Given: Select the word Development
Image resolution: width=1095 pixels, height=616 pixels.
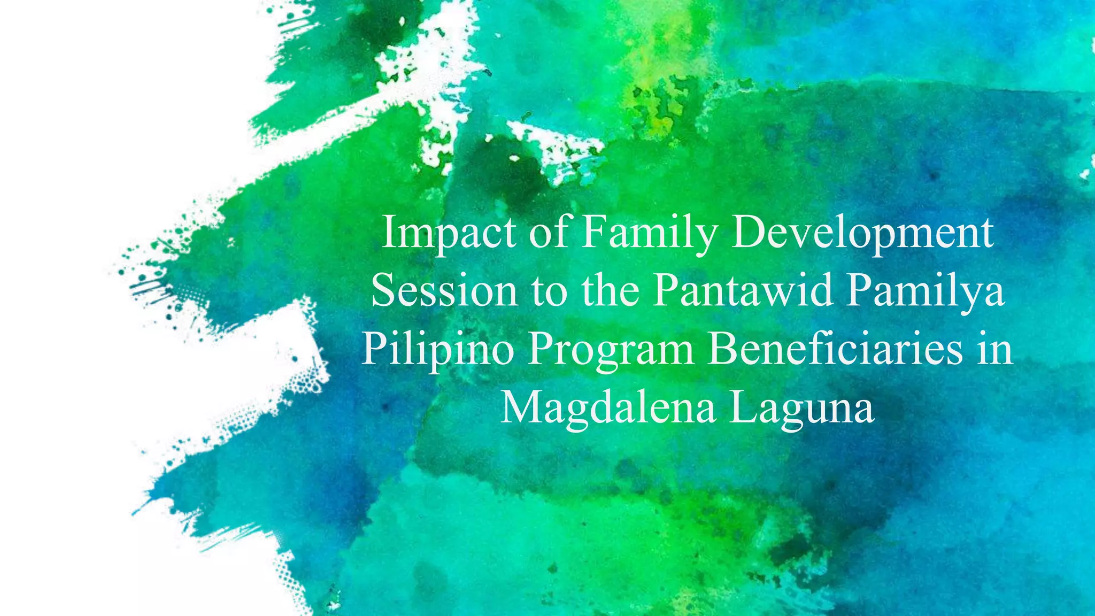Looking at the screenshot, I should pos(861,233).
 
